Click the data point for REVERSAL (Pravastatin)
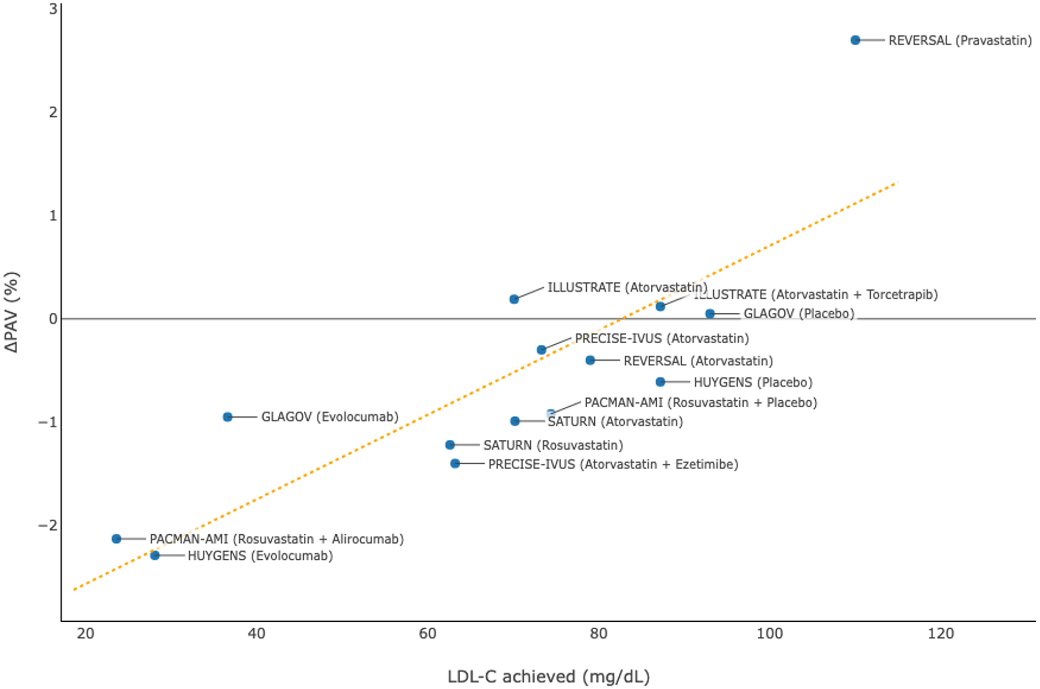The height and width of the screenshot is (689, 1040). [855, 40]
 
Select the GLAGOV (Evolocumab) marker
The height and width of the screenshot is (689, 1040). [227, 417]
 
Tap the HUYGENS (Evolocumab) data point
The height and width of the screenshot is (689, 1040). [155, 556]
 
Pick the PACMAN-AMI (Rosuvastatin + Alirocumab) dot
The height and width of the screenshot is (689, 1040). [116, 539]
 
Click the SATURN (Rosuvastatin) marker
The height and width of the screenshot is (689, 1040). [450, 445]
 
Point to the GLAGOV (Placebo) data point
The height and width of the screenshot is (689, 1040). [710, 314]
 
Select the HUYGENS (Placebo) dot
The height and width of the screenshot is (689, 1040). [660, 382]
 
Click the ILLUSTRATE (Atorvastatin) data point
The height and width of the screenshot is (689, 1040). [514, 299]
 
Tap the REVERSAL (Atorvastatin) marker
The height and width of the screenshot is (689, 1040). [590, 360]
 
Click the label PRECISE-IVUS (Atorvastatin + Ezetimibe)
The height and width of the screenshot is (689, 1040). [613, 464]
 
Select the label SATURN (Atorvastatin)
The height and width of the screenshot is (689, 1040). [615, 422]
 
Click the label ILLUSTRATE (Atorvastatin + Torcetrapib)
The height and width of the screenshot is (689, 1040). [816, 295]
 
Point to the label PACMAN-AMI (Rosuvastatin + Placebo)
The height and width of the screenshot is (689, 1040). [700, 402]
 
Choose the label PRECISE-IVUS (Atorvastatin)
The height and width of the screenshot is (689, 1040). [661, 338]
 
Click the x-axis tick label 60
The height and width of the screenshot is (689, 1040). [428, 634]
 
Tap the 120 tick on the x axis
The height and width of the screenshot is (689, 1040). [941, 634]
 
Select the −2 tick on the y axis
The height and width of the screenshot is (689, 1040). [48, 526]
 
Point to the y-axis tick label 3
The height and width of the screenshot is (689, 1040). [53, 9]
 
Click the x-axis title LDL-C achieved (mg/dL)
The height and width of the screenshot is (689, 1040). [548, 677]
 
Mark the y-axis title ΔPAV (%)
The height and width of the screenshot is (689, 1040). [12, 312]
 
